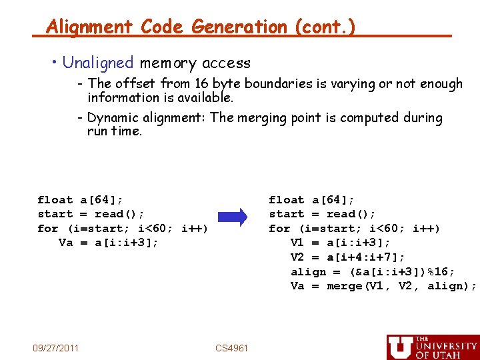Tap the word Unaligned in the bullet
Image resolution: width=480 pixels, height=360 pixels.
98,63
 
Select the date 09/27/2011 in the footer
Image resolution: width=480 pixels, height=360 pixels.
56,347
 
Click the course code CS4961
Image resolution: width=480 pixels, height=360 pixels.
232,348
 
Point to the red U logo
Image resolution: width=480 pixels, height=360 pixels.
399,347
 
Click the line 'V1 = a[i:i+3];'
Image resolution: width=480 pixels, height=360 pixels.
341,243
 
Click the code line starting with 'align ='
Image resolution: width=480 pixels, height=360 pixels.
373,272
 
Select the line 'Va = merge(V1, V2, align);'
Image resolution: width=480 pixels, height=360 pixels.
383,286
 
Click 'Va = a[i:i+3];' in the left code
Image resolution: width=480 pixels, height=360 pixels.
109,243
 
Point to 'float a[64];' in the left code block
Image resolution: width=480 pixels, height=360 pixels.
80,200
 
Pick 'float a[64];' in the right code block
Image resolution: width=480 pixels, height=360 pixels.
311,200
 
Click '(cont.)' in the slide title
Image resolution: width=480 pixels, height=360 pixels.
323,27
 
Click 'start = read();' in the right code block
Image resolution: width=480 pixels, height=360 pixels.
322,214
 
